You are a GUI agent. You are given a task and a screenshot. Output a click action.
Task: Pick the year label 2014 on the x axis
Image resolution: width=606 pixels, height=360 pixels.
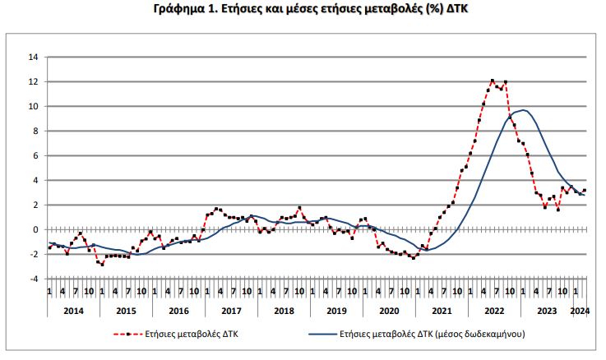coord(72,311)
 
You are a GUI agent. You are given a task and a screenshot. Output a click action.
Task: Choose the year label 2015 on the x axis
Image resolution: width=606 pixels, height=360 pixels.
coord(125,311)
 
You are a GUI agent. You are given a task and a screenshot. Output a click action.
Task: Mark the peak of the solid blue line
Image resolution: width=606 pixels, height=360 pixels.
coord(523,110)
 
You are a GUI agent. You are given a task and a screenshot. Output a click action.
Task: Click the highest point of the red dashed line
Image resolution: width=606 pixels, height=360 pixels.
coord(492,81)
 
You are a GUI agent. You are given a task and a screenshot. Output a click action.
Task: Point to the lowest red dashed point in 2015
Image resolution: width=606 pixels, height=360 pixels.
coord(102,265)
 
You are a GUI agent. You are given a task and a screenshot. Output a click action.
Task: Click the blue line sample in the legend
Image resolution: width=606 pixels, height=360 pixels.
coord(326,335)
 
